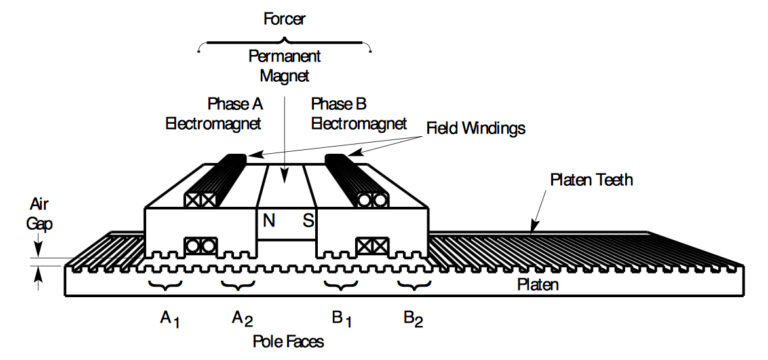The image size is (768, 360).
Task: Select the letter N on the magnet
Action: pos(269,221)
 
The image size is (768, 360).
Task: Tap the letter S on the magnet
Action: pos(308,221)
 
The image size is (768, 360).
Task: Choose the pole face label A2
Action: pos(242,318)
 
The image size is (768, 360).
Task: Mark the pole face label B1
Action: pos(342,318)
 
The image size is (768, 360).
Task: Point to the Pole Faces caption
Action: pos(288,342)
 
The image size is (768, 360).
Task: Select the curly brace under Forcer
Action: pos(286,42)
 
